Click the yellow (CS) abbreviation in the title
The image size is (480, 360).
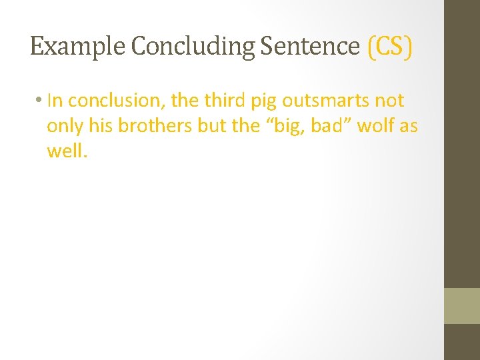tap(390, 47)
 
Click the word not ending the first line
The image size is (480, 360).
tap(389, 101)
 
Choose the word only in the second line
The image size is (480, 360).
tap(62, 127)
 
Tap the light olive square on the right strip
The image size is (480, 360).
tap(462, 306)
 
